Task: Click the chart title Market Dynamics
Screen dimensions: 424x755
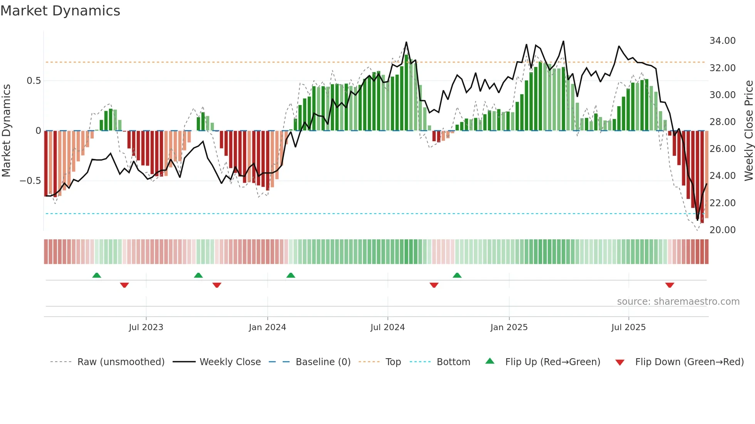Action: (60, 11)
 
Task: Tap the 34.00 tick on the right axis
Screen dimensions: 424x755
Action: (722, 41)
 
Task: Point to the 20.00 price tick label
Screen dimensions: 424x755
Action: (722, 230)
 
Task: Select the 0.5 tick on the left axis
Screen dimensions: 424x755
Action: (34, 81)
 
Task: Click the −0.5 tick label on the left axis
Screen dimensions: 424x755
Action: (30, 181)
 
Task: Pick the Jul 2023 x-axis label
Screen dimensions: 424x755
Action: (146, 327)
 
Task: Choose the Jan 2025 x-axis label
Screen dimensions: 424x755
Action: (509, 327)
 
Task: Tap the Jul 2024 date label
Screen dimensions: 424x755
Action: (388, 327)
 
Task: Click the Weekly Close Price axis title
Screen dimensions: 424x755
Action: (748, 131)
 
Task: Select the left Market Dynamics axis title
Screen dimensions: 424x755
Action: (6, 131)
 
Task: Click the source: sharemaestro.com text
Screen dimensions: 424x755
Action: (678, 302)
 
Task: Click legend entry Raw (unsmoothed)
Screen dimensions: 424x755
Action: (121, 362)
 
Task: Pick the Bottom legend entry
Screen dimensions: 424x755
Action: (453, 362)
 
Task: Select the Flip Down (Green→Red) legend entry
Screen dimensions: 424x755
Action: (689, 362)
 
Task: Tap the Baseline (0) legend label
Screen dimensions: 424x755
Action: (323, 362)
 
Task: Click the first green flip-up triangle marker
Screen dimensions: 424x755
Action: (97, 275)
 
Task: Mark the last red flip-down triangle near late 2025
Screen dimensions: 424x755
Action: (669, 285)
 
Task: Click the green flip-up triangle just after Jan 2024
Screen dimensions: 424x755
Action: (291, 275)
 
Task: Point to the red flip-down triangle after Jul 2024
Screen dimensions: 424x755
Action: (434, 285)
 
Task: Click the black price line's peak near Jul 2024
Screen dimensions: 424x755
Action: (406, 42)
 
